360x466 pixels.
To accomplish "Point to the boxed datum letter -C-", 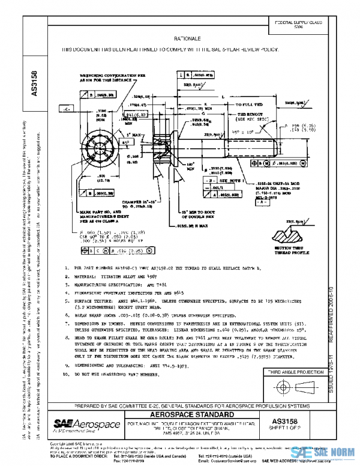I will pyautogui.click(x=67, y=110).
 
